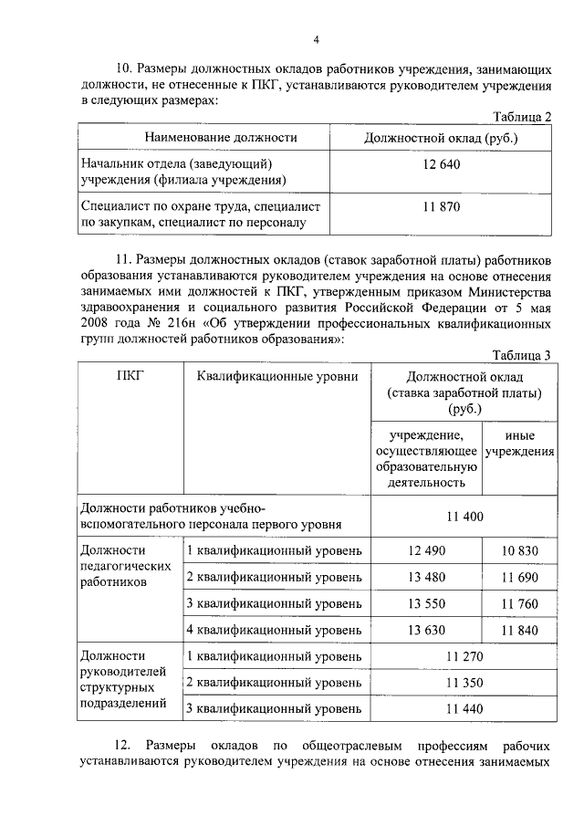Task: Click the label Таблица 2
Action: (x=522, y=118)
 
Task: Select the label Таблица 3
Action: (x=522, y=355)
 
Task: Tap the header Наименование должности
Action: (x=222, y=138)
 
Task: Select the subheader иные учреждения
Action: (x=519, y=444)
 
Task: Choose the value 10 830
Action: (x=519, y=551)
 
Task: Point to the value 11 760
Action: (x=519, y=603)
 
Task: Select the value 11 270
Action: (x=464, y=656)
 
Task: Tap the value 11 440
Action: (x=464, y=708)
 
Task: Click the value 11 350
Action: (x=464, y=683)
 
